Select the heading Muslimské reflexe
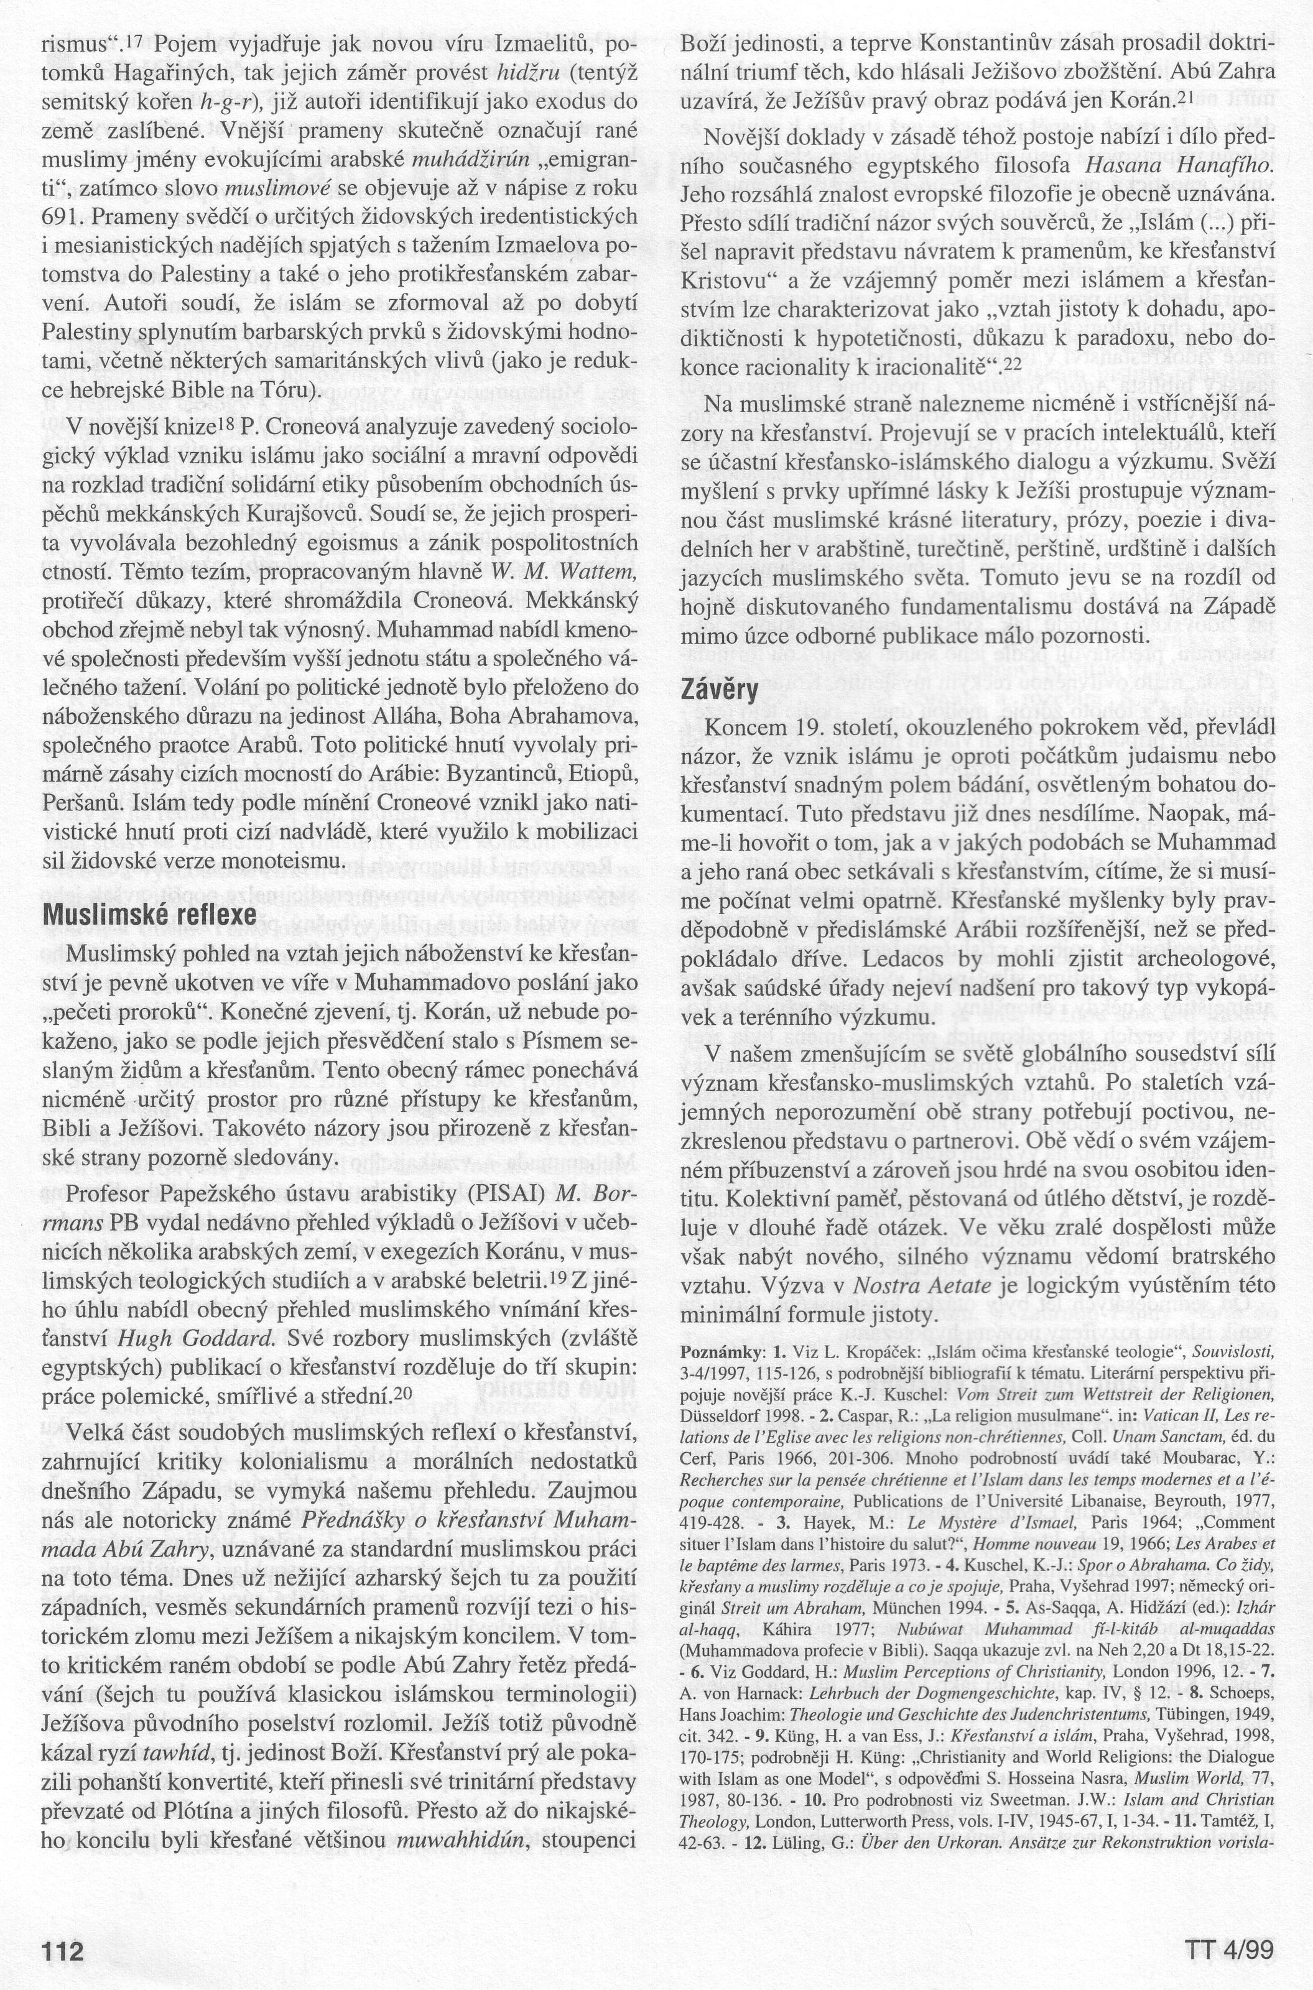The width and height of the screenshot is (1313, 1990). point(150,914)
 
